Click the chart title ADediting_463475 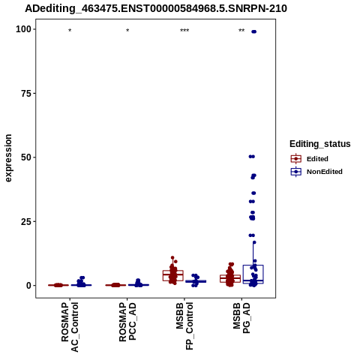point(156,8)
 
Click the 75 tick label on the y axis point(26,94)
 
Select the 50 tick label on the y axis point(26,157)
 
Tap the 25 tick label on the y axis point(26,221)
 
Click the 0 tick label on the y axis point(29,286)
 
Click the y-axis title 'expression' point(8,158)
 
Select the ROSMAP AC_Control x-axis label point(70,327)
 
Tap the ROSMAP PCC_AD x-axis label point(127,322)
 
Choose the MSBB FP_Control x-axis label point(184,326)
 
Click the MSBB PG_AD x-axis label point(241,318)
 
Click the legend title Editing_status point(320,144)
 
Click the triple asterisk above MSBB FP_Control point(184,31)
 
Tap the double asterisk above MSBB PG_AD point(241,31)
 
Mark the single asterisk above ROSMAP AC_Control point(70,31)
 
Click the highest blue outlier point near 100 point(254,31)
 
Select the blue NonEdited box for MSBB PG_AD point(253,274)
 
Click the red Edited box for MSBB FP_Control point(173,275)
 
